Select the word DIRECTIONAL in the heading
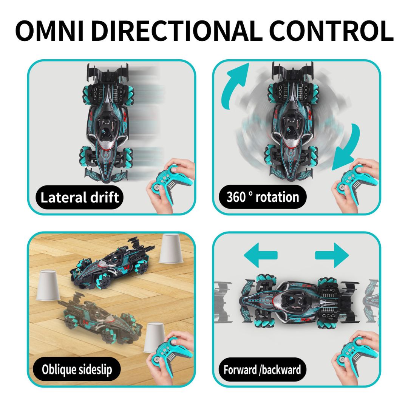click(177, 31)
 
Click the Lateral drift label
click(79, 197)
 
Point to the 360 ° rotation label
click(263, 197)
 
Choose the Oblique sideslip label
click(77, 369)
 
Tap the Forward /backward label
click(262, 369)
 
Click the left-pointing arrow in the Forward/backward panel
click(260, 255)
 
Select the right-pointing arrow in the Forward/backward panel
click(332, 255)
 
